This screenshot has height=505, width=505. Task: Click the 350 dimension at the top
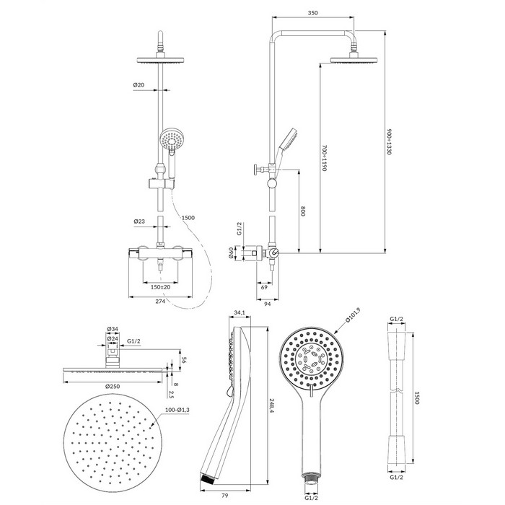tap(312, 13)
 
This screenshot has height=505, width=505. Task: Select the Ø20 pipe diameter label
tap(139, 85)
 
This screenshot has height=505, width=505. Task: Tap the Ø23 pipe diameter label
tap(139, 221)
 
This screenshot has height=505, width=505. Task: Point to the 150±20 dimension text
tap(160, 287)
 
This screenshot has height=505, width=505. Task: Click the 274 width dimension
tap(160, 301)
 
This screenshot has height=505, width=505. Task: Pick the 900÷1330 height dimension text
tap(389, 141)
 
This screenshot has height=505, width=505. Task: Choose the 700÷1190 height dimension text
tap(325, 158)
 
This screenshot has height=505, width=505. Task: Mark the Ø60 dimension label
tap(231, 252)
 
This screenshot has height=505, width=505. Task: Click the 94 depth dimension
tap(268, 304)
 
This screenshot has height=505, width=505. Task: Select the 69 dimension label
tap(264, 287)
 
